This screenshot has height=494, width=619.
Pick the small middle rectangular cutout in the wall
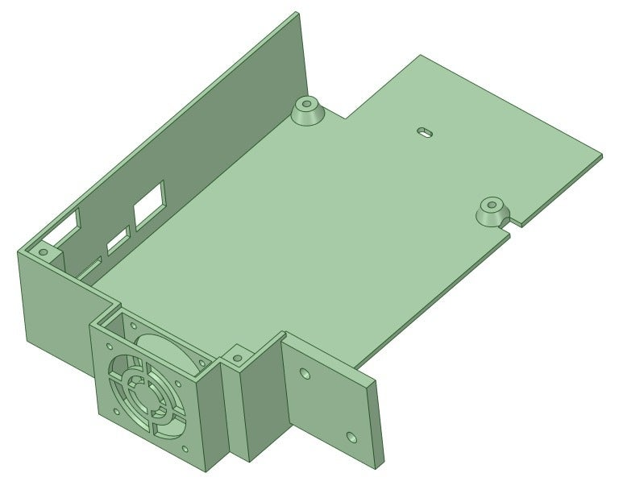coord(118,239)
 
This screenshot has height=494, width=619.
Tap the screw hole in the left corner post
coord(44,253)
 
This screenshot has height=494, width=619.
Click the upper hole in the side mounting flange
coord(304,375)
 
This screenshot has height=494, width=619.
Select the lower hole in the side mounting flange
coord(351,437)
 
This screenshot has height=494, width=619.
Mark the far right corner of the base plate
coord(601,154)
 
